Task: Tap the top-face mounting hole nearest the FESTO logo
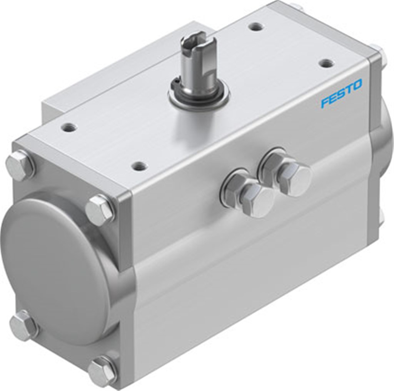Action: tap(326, 63)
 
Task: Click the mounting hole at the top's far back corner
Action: tap(255, 27)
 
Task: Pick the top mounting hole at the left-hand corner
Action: tap(68, 126)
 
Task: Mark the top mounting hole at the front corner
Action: tap(139, 166)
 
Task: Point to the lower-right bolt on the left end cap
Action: tap(102, 371)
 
